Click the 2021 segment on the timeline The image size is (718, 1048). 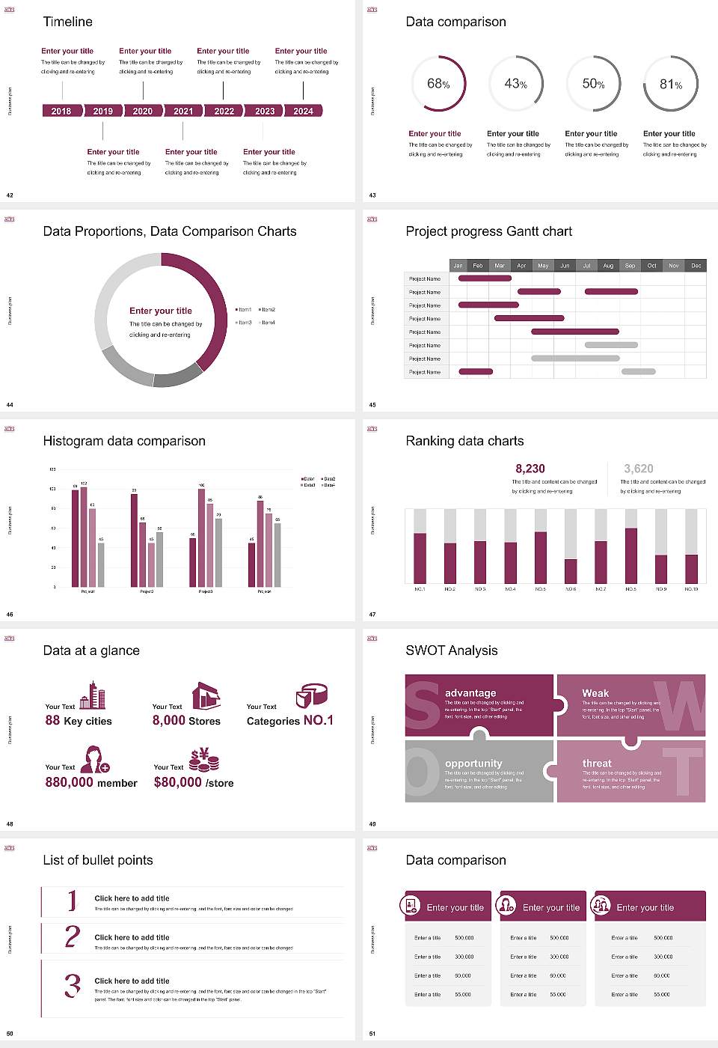(x=183, y=111)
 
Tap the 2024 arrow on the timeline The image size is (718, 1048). (x=303, y=111)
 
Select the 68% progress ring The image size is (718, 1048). (x=438, y=84)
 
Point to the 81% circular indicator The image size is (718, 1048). (x=671, y=85)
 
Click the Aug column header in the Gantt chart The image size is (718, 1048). (x=608, y=266)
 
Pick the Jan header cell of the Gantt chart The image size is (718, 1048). (x=458, y=266)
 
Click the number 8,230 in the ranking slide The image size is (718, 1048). (x=530, y=469)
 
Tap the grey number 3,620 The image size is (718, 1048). (x=639, y=469)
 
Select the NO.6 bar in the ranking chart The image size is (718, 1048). (x=571, y=570)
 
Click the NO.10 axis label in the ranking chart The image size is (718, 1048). (x=691, y=589)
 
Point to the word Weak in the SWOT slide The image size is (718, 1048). (x=595, y=693)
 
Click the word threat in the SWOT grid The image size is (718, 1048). (x=597, y=764)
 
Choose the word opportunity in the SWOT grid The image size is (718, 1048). (x=473, y=764)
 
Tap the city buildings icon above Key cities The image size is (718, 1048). (x=93, y=695)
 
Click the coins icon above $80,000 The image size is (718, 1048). (x=203, y=761)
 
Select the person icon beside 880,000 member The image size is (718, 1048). (x=95, y=759)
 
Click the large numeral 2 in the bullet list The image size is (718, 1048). (x=72, y=936)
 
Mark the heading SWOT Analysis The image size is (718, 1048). (x=451, y=651)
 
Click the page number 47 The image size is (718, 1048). (x=372, y=615)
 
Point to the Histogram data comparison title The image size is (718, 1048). (x=124, y=441)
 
